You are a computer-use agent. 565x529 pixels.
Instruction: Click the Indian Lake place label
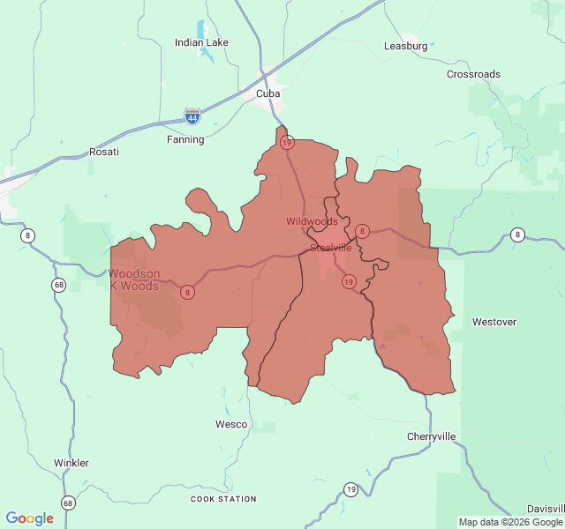point(201,42)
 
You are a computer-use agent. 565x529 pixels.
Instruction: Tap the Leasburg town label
point(406,46)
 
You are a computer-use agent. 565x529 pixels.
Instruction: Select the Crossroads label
point(473,75)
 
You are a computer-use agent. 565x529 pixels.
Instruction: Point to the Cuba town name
point(267,93)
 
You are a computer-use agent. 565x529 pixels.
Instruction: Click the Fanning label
point(185,139)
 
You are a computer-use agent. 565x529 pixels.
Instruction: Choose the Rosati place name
point(103,152)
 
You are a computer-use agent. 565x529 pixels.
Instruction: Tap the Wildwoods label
point(312,221)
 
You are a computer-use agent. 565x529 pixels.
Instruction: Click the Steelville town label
point(331,248)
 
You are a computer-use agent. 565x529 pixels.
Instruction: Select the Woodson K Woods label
point(134,279)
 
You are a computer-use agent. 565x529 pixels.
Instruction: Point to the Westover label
point(494,322)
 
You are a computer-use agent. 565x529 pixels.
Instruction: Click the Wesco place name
point(231,424)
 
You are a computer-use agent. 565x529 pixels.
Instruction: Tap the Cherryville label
point(432,436)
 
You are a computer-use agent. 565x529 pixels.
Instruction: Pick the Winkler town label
point(72,463)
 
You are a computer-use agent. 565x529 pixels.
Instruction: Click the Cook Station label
point(224,499)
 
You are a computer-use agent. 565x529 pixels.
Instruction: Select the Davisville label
point(545,509)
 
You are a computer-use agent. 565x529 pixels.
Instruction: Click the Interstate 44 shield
point(192,115)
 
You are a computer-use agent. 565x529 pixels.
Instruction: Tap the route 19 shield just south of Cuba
point(287,142)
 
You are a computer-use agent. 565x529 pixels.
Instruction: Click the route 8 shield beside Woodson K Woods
point(188,292)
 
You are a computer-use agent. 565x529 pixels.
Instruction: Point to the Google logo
point(29,518)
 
